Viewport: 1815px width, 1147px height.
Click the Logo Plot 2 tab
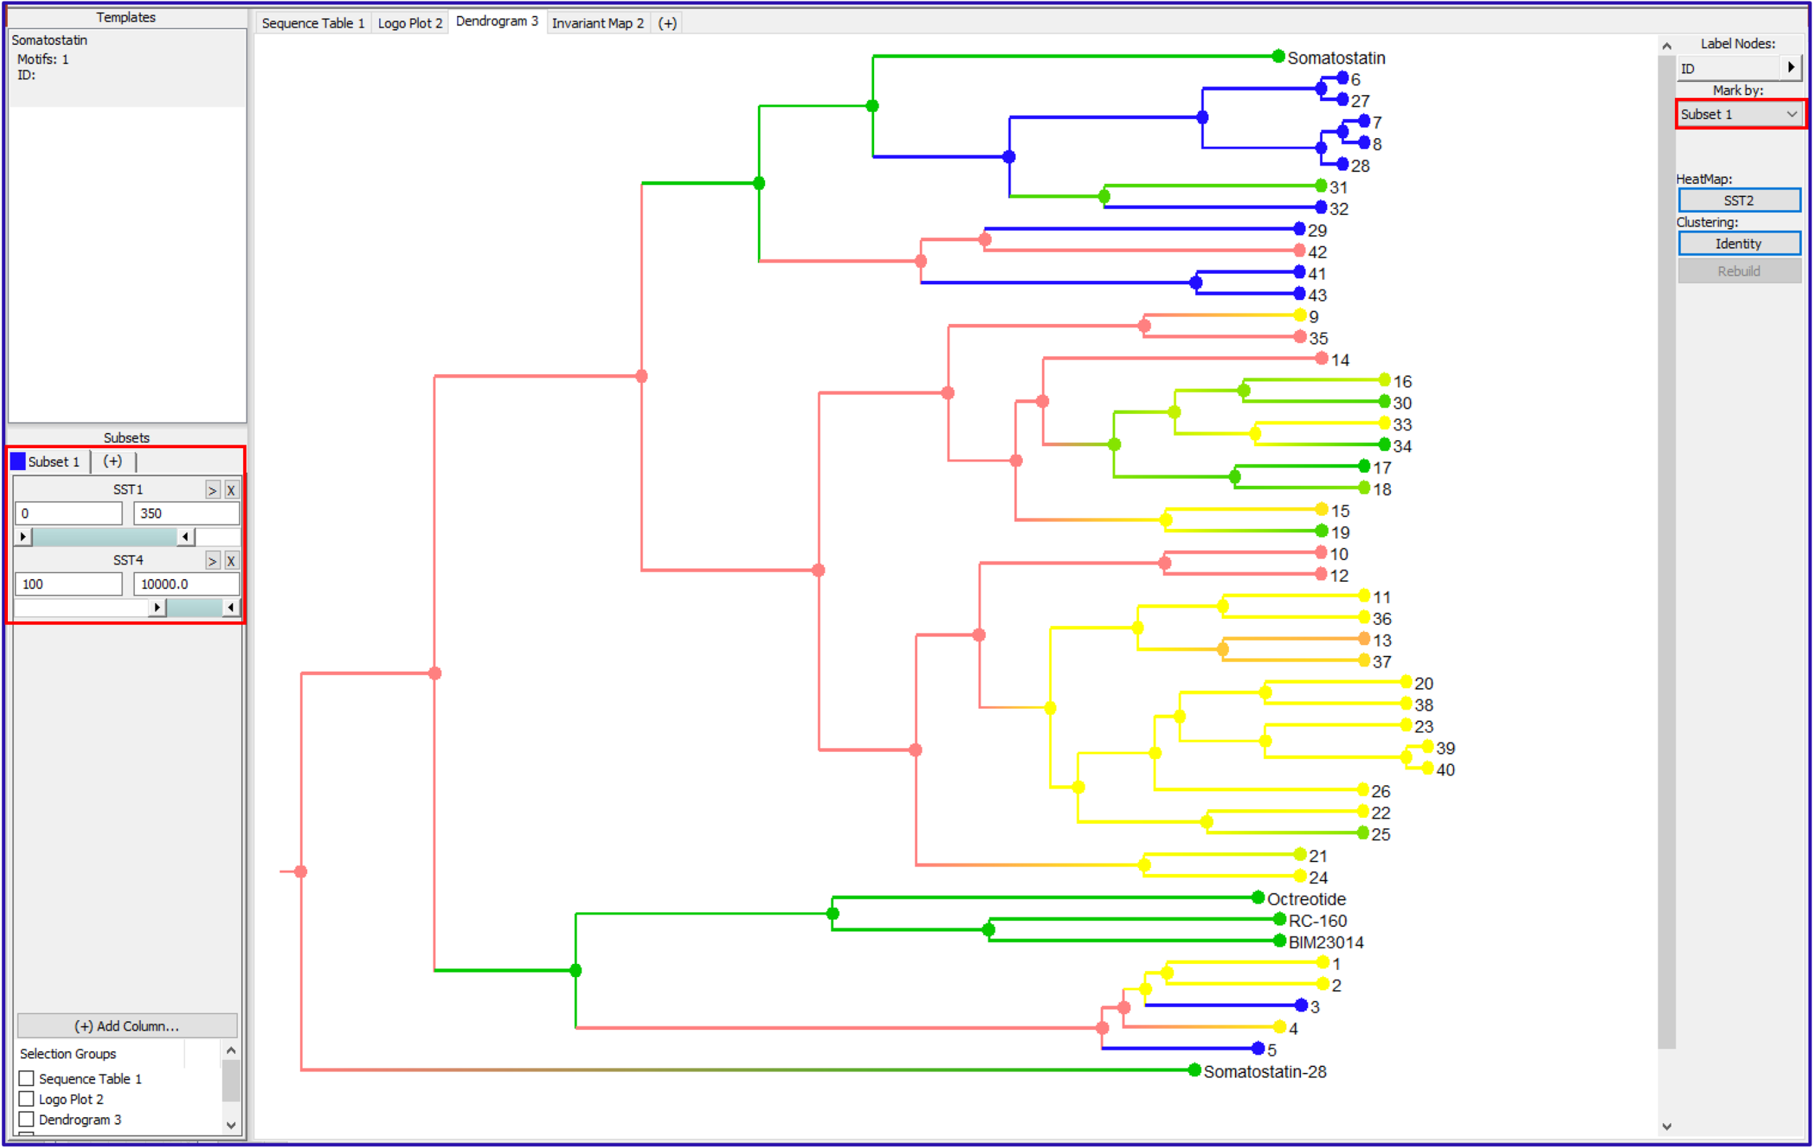tap(409, 23)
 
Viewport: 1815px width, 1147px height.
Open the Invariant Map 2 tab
tap(597, 23)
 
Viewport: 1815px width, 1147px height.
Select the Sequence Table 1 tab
tap(313, 23)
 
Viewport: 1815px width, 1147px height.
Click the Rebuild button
tap(1738, 271)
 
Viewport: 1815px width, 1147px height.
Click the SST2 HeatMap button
tap(1738, 200)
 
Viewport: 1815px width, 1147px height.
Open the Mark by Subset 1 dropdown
tap(1738, 115)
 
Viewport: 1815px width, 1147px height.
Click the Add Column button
tap(126, 1026)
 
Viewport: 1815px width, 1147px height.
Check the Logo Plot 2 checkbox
tap(27, 1099)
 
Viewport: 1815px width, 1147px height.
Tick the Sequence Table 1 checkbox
tap(27, 1079)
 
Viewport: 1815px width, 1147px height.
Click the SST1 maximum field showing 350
tap(185, 514)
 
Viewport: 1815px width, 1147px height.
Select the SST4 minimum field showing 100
tap(68, 584)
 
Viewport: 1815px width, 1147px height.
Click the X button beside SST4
tap(231, 561)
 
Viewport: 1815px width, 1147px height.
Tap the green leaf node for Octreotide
tap(1257, 897)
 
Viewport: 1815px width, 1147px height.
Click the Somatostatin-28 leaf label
tap(1264, 1071)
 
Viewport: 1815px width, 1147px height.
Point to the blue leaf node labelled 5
tap(1257, 1048)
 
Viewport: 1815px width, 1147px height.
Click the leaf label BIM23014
tap(1325, 942)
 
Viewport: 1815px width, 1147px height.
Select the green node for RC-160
tap(1279, 919)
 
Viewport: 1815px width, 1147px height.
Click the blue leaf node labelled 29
tap(1300, 229)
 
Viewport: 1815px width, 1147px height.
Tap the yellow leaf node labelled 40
tap(1427, 769)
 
